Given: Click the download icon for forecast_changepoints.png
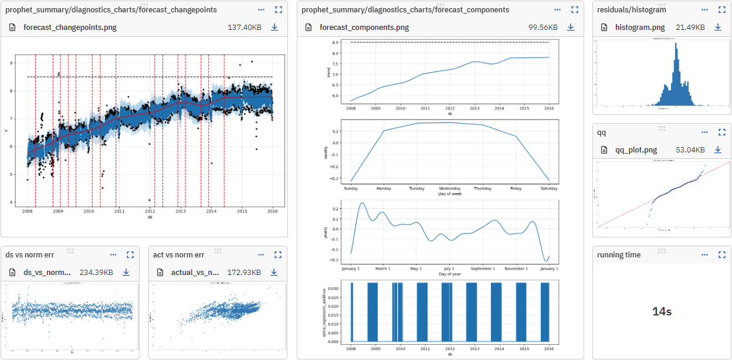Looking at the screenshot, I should [x=274, y=28].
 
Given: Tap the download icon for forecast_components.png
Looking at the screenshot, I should [x=571, y=28].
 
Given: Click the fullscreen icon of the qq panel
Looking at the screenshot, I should [x=722, y=133].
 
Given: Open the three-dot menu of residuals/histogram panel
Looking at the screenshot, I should [x=704, y=10].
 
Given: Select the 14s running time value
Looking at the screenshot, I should [x=662, y=311].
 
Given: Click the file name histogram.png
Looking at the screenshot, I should [x=640, y=28].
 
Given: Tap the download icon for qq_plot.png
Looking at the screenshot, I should [x=717, y=150].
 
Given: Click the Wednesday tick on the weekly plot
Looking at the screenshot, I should [x=449, y=189].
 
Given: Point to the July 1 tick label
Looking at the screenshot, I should [x=449, y=269].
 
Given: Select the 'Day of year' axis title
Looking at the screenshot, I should [x=449, y=274].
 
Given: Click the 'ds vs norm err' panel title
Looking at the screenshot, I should [x=30, y=255].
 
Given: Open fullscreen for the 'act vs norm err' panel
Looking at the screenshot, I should [x=278, y=255].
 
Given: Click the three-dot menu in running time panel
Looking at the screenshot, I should [x=704, y=255].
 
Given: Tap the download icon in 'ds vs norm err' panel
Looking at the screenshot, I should [x=126, y=273].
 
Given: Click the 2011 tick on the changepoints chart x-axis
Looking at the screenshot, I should [x=119, y=211].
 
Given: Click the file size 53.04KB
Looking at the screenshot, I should [x=690, y=150].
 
